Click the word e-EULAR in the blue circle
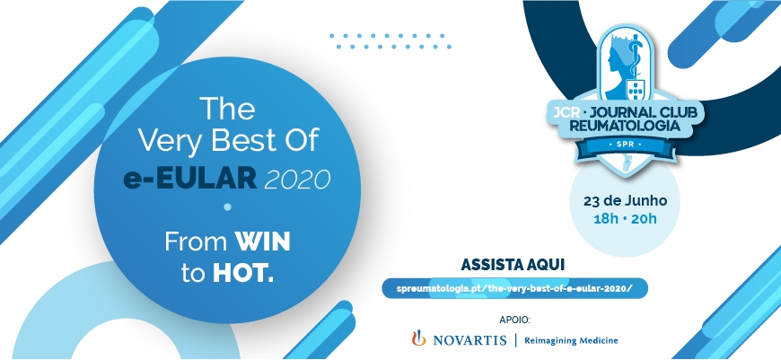[189, 179]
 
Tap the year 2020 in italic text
[297, 179]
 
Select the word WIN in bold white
[263, 242]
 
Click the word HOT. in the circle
[243, 273]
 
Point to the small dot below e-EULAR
[228, 206]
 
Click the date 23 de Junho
[625, 201]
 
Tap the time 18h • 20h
[625, 218]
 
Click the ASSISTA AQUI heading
[513, 265]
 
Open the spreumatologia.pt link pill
[515, 288]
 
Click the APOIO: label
[514, 319]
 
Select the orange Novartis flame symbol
[419, 338]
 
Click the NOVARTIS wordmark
[469, 340]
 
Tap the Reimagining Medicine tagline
[571, 340]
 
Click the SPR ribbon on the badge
[626, 145]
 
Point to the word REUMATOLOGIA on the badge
[625, 126]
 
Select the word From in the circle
[196, 242]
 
